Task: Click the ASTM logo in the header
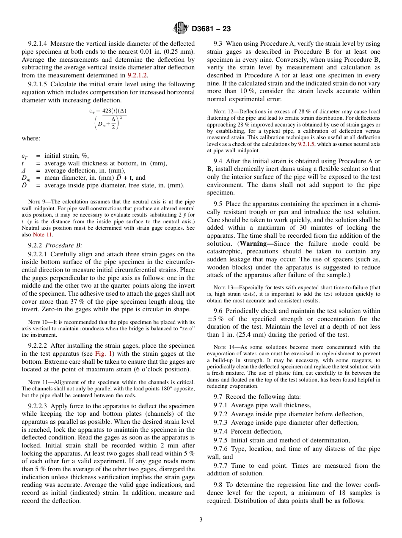coord(181,29)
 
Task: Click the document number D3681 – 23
coord(211,29)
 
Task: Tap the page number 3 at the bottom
coord(201,519)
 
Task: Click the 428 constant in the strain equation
coord(107,111)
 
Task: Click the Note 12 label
coord(222,112)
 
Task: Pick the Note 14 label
coord(222,347)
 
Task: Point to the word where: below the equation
coord(31,138)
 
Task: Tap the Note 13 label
coord(222,288)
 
